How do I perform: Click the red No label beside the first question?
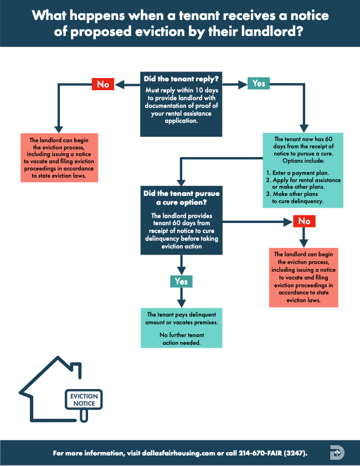click(x=103, y=84)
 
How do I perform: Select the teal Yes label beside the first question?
click(x=259, y=84)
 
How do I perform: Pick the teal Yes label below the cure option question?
click(x=181, y=281)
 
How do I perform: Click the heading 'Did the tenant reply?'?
click(x=181, y=79)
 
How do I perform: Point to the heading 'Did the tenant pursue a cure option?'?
click(x=181, y=198)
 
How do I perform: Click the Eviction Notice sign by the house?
click(x=83, y=400)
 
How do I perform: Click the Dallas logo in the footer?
click(x=336, y=453)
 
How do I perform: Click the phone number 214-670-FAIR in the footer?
click(x=258, y=453)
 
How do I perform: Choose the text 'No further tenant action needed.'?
click(x=181, y=339)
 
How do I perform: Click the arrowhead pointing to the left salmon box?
click(x=58, y=128)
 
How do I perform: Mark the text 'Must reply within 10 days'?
click(x=181, y=90)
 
